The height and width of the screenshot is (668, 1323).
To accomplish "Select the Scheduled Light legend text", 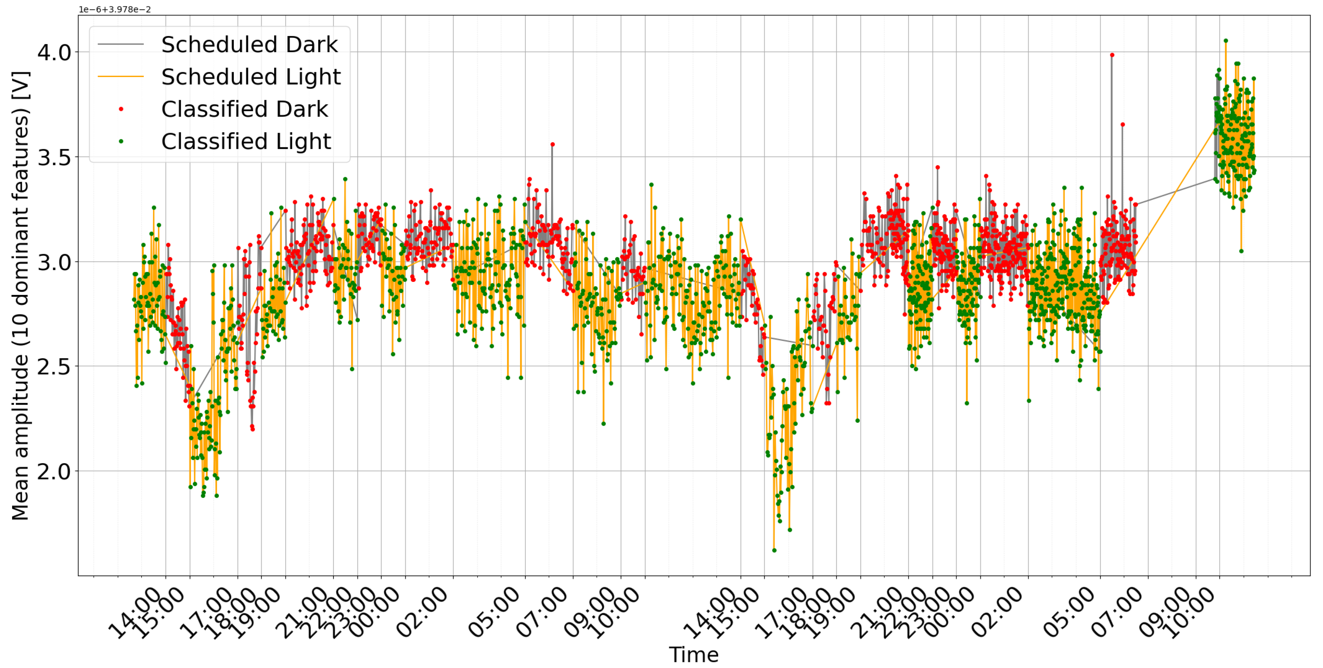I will [x=251, y=77].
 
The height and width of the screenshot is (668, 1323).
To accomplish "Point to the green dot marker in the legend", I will [x=121, y=141].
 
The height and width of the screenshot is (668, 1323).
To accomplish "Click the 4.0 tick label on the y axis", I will [x=54, y=52].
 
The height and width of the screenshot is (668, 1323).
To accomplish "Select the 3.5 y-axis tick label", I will [x=54, y=157].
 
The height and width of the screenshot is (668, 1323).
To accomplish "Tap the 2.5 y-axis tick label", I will [x=54, y=367].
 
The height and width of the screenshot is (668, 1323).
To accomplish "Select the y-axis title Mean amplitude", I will [x=21, y=295].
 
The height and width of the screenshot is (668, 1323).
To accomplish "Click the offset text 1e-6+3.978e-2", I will [x=115, y=9].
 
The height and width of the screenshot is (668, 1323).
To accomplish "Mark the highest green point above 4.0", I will [x=1226, y=41].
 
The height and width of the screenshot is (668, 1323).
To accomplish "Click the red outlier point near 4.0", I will [x=1112, y=55].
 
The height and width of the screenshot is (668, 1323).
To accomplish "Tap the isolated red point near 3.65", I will [x=1123, y=124].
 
